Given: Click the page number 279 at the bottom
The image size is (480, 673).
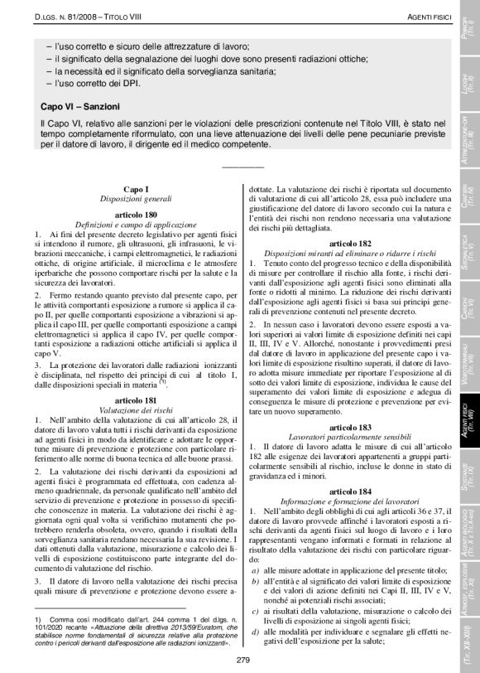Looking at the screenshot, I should click(x=242, y=660).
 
